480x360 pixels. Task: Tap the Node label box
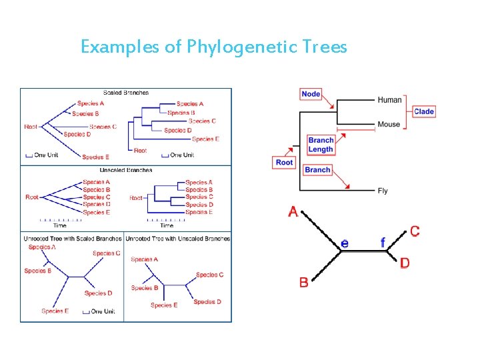point(311,94)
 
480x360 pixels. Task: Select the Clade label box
point(424,111)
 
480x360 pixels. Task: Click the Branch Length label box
point(321,145)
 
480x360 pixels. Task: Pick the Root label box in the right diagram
point(284,163)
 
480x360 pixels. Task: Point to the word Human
point(390,100)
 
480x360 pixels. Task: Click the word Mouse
point(389,124)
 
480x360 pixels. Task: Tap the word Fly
point(383,191)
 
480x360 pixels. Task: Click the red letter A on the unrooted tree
point(293,212)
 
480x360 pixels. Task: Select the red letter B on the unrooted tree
point(304,282)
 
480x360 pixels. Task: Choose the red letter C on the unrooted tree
point(415,231)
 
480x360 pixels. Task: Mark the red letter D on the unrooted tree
point(405,263)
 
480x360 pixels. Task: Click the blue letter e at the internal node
point(344,243)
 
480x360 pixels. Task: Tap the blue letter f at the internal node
point(383,243)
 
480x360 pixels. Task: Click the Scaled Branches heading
point(126,93)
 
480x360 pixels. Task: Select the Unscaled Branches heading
point(126,170)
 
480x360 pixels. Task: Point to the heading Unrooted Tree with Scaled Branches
point(73,238)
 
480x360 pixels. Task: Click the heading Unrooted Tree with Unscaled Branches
point(178,238)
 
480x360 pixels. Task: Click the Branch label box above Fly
point(317,170)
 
